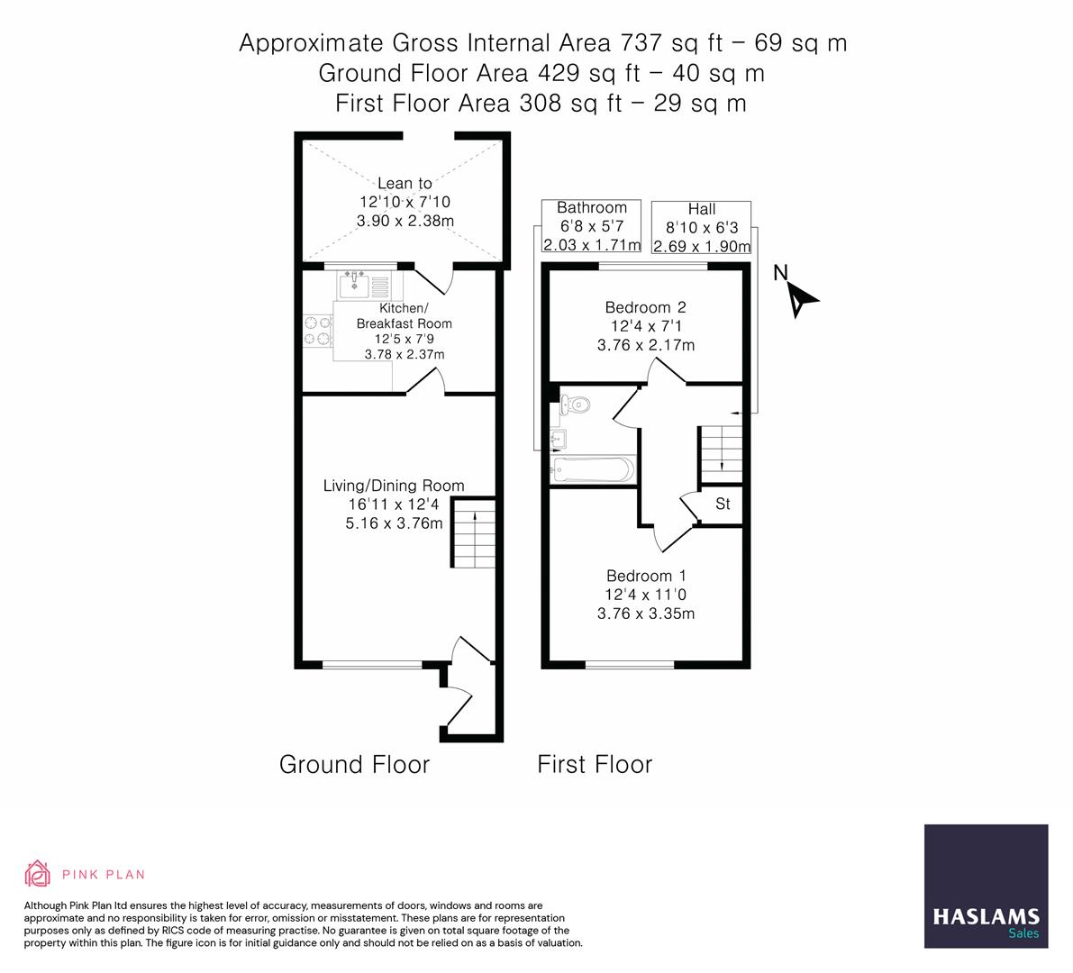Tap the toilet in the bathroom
tap(575, 405)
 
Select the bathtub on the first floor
tap(593, 470)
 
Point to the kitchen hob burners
tap(317, 330)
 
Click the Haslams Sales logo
tap(987, 887)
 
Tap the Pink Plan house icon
tap(38, 874)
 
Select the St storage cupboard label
tap(723, 505)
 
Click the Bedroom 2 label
tap(645, 307)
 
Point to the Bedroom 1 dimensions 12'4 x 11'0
tap(645, 595)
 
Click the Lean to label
tap(405, 184)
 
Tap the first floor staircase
tap(721, 454)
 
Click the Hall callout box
tap(702, 228)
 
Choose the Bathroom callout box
tap(591, 226)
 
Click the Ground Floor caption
tap(354, 764)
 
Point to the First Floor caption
tap(595, 764)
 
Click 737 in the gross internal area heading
tap(641, 43)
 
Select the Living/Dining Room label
tap(394, 486)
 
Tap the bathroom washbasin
tap(558, 440)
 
